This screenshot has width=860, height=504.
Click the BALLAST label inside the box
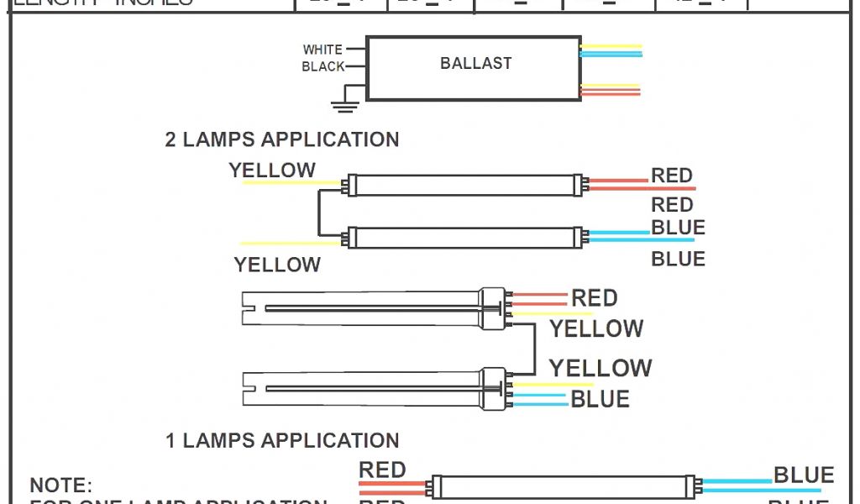475,63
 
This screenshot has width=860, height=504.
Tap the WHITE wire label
322,50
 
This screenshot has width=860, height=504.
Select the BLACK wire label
323,66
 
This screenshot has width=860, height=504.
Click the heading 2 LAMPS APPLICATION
281,139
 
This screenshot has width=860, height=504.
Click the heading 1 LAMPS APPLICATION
282,440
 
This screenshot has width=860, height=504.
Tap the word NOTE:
60,486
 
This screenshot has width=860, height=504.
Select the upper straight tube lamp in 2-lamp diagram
465,185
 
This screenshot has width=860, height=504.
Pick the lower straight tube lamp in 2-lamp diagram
465,238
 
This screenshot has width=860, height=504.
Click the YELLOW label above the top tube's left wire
272,171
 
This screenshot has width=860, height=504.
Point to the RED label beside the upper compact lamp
594,298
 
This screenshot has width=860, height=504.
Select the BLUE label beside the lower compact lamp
600,399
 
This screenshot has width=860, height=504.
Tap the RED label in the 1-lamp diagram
382,470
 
